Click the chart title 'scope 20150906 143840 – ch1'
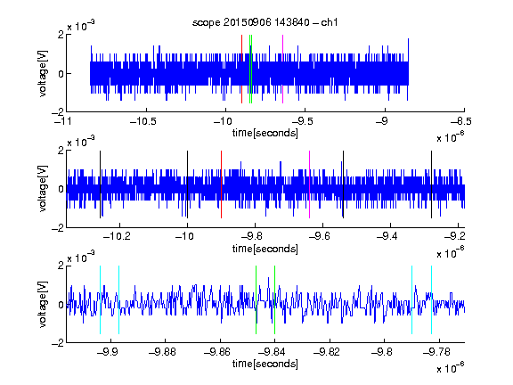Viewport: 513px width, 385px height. pyautogui.click(x=265, y=22)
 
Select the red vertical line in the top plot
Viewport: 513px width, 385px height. pyautogui.click(x=241, y=70)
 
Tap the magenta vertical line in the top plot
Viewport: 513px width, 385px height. pyautogui.click(x=282, y=70)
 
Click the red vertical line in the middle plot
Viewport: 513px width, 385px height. pyautogui.click(x=222, y=184)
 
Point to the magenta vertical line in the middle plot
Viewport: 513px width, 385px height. pyautogui.click(x=310, y=184)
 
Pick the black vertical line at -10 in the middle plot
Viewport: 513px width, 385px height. pyautogui.click(x=187, y=184)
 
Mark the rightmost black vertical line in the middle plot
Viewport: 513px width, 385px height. pyautogui.click(x=432, y=184)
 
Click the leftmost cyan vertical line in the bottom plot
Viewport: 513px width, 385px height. pyautogui.click(x=100, y=299)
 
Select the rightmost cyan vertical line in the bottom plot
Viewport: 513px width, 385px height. pyautogui.click(x=432, y=299)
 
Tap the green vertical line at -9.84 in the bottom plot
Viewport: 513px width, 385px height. pyautogui.click(x=275, y=299)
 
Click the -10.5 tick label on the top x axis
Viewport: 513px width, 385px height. pyautogui.click(x=143, y=121)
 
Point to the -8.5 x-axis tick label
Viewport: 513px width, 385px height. pyautogui.click(x=460, y=121)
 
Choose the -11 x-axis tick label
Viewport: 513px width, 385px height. pyautogui.click(x=64, y=121)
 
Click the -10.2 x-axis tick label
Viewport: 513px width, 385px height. pyautogui.click(x=117, y=236)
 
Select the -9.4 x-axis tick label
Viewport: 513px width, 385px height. pyautogui.click(x=387, y=236)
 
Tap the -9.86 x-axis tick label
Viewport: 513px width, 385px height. pyautogui.click(x=217, y=352)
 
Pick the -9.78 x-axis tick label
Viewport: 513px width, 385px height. pyautogui.click(x=436, y=352)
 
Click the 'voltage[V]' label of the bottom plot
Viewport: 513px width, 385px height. pyautogui.click(x=43, y=305)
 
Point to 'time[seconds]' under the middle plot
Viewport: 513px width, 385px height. pyautogui.click(x=265, y=250)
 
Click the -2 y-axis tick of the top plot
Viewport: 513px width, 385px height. pyautogui.click(x=58, y=112)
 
